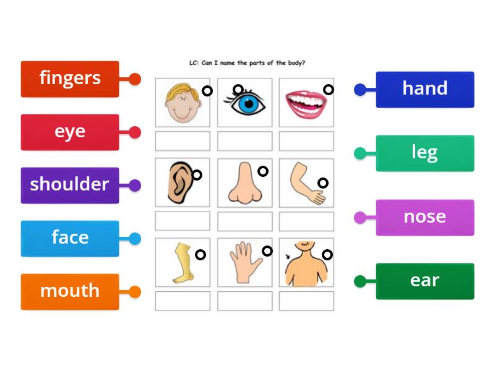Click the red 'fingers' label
click(x=70, y=79)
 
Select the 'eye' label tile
click(x=70, y=132)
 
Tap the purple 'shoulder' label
click(x=70, y=185)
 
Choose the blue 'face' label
click(x=70, y=238)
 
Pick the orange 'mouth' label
click(x=70, y=291)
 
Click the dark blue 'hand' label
click(x=424, y=89)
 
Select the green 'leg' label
click(x=424, y=153)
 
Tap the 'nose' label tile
click(x=424, y=217)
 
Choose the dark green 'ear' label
click(x=424, y=281)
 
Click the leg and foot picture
click(x=181, y=263)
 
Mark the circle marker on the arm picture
click(x=323, y=182)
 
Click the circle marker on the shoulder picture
click(x=327, y=254)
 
